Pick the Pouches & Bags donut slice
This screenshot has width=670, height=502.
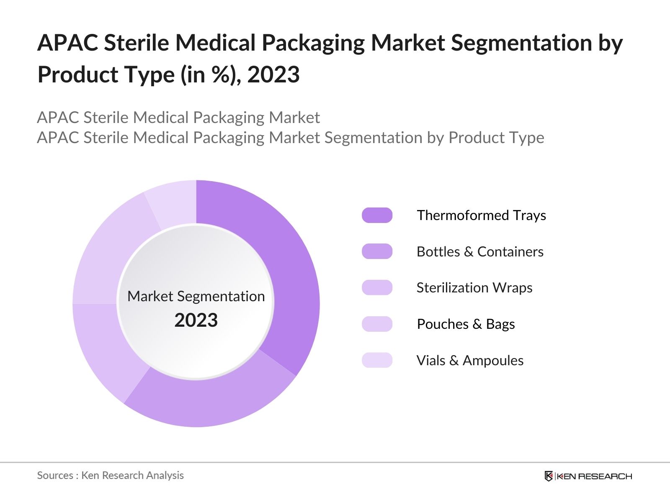tap(109, 251)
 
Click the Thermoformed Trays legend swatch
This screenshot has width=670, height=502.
tap(377, 215)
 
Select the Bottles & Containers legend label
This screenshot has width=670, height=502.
tap(480, 251)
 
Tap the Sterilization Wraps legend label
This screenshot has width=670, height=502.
tap(474, 288)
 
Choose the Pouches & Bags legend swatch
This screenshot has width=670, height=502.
tap(377, 324)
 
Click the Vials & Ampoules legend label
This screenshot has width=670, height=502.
tap(470, 360)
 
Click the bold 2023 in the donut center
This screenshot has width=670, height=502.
tap(196, 320)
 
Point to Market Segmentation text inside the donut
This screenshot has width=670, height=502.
tap(196, 296)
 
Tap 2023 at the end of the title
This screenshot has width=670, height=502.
tap(273, 75)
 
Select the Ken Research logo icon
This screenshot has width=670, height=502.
tap(549, 476)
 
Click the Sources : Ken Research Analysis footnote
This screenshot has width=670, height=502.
tap(110, 475)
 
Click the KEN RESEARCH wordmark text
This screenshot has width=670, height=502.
tap(594, 476)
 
